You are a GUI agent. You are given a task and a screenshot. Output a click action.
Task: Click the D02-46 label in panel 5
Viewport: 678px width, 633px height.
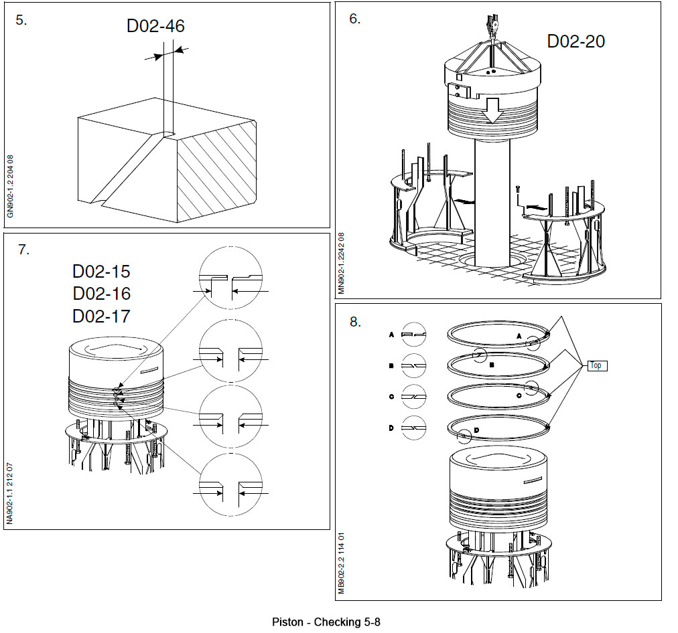(155, 26)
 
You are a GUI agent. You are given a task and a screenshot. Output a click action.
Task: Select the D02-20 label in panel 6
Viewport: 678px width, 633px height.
(575, 41)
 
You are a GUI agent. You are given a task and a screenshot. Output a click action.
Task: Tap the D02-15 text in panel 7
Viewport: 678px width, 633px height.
(101, 272)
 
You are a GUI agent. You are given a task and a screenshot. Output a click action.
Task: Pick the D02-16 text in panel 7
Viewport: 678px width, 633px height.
(101, 294)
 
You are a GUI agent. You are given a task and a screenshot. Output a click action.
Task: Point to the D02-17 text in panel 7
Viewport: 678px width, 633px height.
(101, 315)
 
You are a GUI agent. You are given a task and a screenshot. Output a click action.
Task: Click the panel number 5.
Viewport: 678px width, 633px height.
(22, 19)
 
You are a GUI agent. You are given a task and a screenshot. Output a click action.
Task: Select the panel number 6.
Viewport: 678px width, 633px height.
(354, 19)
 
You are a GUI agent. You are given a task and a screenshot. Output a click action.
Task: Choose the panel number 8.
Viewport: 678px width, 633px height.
(355, 322)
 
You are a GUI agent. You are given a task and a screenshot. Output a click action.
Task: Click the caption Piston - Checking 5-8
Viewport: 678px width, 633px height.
(326, 622)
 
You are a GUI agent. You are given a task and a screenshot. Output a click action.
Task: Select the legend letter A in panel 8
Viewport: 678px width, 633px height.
(391, 333)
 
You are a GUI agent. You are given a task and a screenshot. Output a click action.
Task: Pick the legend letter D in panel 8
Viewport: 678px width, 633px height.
(391, 428)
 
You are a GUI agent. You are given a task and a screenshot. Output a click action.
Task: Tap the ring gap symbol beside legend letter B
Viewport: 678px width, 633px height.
(414, 365)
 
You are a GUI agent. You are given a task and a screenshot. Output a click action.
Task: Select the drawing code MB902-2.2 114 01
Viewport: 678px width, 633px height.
(342, 562)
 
